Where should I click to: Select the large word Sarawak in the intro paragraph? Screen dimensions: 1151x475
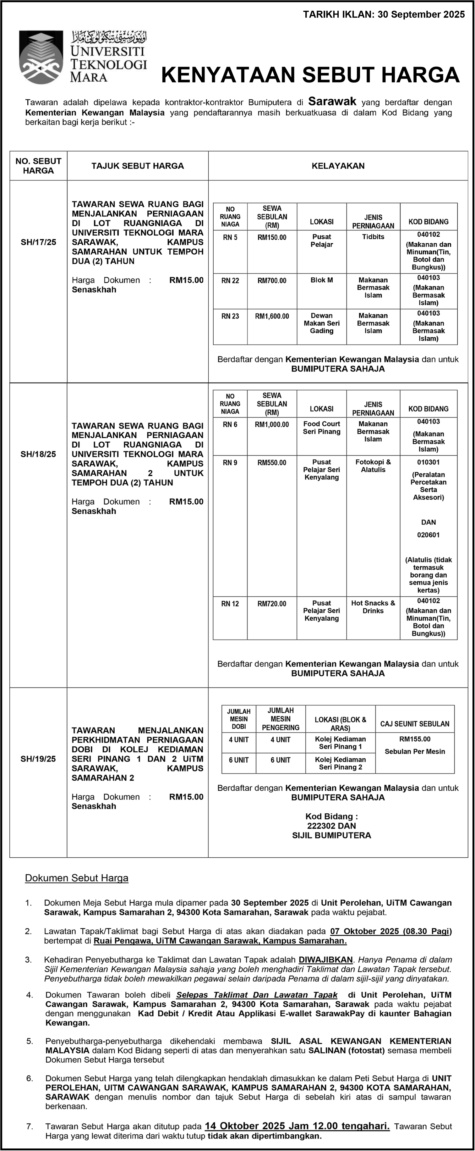(332, 102)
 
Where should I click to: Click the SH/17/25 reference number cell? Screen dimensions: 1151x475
(38, 242)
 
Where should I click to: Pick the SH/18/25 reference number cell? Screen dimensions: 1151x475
(38, 454)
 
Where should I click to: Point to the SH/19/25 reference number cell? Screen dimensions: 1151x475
(38, 759)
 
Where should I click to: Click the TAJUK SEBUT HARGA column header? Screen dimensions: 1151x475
(138, 166)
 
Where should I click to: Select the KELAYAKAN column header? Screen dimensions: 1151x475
(338, 166)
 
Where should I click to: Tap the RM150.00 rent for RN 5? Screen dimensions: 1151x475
(272, 237)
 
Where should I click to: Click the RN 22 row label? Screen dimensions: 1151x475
(230, 281)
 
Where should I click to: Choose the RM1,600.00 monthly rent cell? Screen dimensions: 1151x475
(272, 316)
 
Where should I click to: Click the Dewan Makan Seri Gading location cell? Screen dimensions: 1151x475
(321, 323)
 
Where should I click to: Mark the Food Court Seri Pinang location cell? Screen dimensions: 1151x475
(321, 428)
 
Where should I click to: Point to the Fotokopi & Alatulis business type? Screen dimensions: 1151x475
(373, 466)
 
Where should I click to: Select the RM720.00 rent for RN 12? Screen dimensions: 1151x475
(272, 604)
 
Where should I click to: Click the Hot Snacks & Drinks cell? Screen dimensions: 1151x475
(373, 607)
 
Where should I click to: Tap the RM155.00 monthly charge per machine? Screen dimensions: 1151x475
(415, 739)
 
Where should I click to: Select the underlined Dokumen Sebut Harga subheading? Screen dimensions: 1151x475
(76, 878)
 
